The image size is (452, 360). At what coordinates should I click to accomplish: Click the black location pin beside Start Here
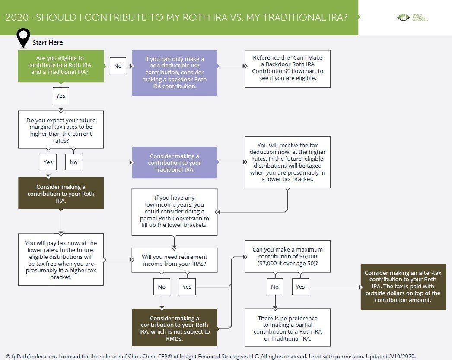[23, 38]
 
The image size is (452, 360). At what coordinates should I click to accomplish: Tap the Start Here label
[48, 43]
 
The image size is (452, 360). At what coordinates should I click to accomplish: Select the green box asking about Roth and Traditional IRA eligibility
[61, 66]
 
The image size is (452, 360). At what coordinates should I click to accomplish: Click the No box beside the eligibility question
[118, 66]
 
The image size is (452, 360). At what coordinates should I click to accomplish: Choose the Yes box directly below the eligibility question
[61, 96]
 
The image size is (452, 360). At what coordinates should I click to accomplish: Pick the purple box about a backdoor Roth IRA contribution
[174, 73]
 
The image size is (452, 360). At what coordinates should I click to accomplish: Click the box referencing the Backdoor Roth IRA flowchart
[287, 69]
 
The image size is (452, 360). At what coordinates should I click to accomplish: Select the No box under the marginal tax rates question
[73, 162]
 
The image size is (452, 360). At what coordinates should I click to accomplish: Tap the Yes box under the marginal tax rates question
[48, 162]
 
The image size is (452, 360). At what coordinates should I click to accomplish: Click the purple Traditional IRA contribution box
[174, 162]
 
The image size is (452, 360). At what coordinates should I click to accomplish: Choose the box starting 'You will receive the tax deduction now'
[287, 162]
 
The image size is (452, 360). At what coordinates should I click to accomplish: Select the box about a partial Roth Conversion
[174, 212]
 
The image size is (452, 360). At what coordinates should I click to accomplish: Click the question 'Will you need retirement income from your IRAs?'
[174, 260]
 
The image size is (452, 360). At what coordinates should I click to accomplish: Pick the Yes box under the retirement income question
[187, 287]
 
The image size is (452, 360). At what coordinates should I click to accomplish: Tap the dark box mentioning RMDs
[174, 327]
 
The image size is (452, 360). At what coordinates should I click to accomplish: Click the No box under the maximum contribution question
[274, 287]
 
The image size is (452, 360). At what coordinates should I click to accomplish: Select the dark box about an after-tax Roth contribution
[403, 287]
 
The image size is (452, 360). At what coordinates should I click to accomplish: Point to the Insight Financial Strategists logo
[412, 18]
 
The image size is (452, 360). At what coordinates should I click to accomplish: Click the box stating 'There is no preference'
[287, 328]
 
